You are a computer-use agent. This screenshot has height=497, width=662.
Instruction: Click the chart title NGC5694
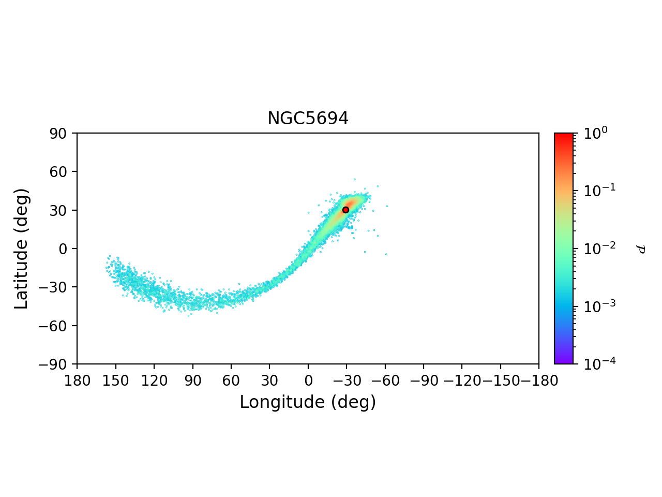[x=308, y=119]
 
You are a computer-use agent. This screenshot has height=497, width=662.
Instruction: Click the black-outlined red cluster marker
[x=345, y=210]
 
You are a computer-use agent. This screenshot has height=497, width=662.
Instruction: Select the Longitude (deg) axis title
[x=308, y=402]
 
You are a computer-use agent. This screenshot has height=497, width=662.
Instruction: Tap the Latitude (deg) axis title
[x=21, y=248]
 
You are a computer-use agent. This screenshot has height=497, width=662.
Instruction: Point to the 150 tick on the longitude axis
[x=115, y=381]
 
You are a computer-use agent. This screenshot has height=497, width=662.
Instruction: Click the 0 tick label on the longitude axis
[x=308, y=381]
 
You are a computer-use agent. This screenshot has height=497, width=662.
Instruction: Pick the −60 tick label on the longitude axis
[x=385, y=381]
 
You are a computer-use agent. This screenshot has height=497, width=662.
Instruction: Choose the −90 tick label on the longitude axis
[x=424, y=381]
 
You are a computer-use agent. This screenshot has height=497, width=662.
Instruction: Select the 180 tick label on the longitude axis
[x=77, y=381]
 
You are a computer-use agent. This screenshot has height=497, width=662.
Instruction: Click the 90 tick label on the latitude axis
[x=63, y=133]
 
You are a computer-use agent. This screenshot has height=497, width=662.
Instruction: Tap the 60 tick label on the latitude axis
[x=63, y=171]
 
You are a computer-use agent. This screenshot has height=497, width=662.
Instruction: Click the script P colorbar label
[x=641, y=249]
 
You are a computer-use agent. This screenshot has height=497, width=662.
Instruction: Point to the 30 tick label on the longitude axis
[x=269, y=381]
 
